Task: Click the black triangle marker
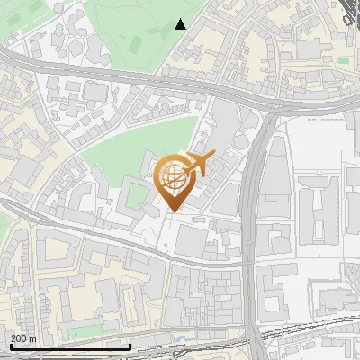coord(181,24)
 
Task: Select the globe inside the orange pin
coord(172,178)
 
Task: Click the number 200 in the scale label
coord(18,338)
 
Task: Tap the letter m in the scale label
coord(32,338)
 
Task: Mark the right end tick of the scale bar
coord(131,345)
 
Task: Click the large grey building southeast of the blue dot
coord(193,240)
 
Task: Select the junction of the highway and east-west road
coord(269,108)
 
